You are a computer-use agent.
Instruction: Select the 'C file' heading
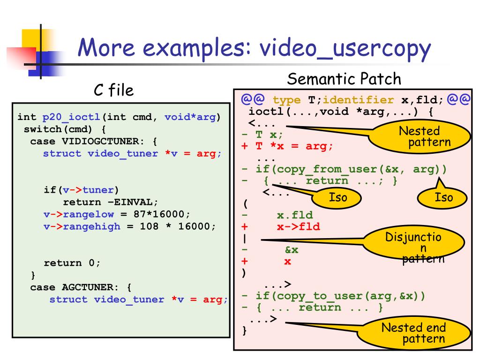coord(114,90)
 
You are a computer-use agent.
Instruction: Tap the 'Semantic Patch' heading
coord(344,79)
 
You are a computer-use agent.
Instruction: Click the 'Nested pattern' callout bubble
coord(419,136)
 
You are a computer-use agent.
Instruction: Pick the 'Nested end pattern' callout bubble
coord(413,333)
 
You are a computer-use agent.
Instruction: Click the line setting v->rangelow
coord(117,214)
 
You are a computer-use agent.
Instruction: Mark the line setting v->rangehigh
coord(129,226)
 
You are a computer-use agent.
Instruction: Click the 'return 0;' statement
coord(72,263)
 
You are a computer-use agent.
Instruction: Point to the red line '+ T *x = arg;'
coord(287,146)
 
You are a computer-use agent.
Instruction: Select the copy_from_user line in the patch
coord(344,169)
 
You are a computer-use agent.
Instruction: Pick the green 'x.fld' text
coord(294,215)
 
